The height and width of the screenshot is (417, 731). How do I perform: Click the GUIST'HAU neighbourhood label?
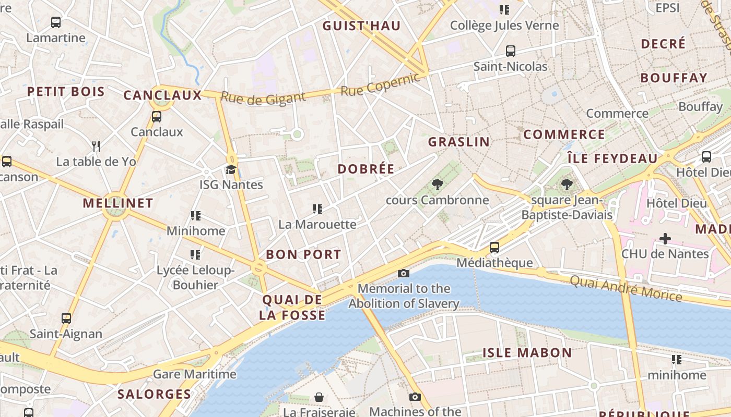[361, 26]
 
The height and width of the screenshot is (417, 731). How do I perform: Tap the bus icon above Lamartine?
[56, 22]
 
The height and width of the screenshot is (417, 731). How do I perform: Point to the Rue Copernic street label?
[380, 84]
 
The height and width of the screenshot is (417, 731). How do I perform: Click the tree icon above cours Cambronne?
[437, 184]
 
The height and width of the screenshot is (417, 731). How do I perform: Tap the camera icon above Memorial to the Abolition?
[403, 273]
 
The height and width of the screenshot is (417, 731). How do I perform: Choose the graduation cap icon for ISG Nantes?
[231, 169]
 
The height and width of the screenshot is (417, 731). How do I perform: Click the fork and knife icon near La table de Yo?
[96, 146]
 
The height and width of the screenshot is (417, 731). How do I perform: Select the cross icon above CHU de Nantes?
[665, 239]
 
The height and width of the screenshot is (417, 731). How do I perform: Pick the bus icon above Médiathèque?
[494, 247]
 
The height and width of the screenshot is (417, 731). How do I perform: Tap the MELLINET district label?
[118, 203]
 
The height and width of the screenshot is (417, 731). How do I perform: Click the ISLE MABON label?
[527, 353]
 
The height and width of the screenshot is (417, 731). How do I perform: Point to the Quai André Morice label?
[626, 289]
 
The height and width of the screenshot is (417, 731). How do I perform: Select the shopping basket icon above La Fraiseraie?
[319, 397]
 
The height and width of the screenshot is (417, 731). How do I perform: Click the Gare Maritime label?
[194, 374]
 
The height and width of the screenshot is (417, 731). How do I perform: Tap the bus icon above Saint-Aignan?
[66, 318]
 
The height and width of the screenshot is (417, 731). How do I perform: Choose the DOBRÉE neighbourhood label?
[365, 169]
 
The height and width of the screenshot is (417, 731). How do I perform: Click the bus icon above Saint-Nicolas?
[510, 51]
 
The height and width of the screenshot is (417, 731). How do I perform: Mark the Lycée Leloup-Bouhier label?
[195, 277]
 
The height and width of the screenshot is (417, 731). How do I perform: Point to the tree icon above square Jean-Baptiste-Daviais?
[567, 184]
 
